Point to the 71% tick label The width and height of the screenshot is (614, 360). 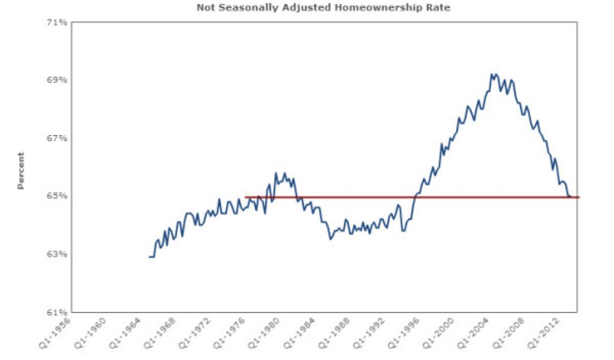tap(58, 23)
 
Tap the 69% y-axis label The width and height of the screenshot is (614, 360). tap(58, 80)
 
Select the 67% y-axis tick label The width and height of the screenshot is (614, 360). tap(58, 139)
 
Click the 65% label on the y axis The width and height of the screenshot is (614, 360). tap(58, 196)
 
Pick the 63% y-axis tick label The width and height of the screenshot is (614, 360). tap(58, 254)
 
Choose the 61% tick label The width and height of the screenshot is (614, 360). tap(58, 312)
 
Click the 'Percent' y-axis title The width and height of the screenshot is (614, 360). tap(21, 171)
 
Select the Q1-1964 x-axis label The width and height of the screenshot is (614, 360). tap(124, 332)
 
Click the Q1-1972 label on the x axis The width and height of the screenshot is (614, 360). tap(192, 332)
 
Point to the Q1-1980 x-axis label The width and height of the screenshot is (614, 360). tap(260, 332)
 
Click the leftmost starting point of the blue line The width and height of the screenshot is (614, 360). tap(149, 257)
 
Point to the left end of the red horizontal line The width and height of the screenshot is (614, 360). tap(246, 197)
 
